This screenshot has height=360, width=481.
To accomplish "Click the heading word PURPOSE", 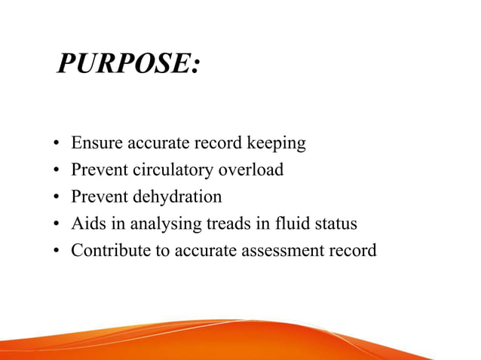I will pos(127,65).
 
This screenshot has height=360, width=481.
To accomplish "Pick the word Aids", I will pos(87,224).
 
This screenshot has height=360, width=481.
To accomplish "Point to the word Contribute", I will pos(110,251).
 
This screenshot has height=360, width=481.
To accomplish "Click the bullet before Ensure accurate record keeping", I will pos(57,143).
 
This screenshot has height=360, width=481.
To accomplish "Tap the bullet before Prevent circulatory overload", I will pos(57,170).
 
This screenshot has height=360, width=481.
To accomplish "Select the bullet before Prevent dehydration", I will pos(57,197).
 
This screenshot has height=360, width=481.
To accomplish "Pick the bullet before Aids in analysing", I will pos(57,224).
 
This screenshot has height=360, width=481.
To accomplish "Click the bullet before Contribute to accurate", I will pos(57,252).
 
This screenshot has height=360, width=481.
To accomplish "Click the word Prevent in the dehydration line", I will pos(100,197).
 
